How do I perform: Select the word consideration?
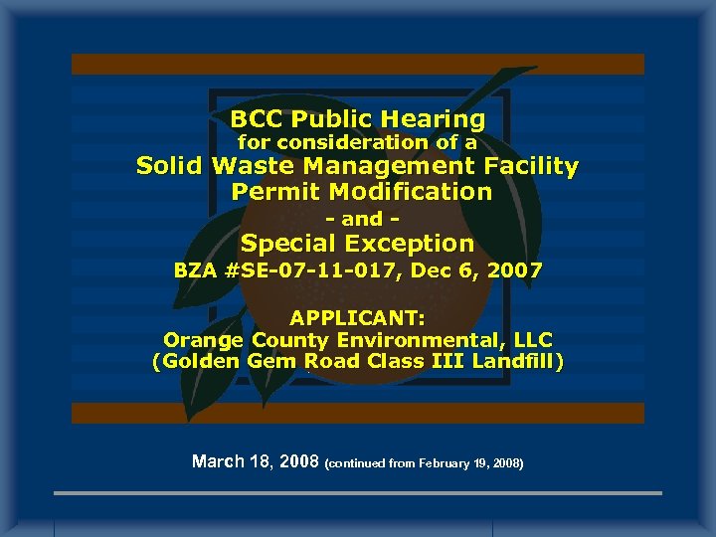click(352, 143)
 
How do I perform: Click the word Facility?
click(533, 167)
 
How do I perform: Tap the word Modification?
click(410, 191)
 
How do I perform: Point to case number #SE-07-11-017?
click(304, 270)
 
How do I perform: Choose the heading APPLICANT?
click(357, 319)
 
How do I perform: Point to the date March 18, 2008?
click(255, 461)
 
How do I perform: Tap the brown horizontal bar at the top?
click(358, 64)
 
